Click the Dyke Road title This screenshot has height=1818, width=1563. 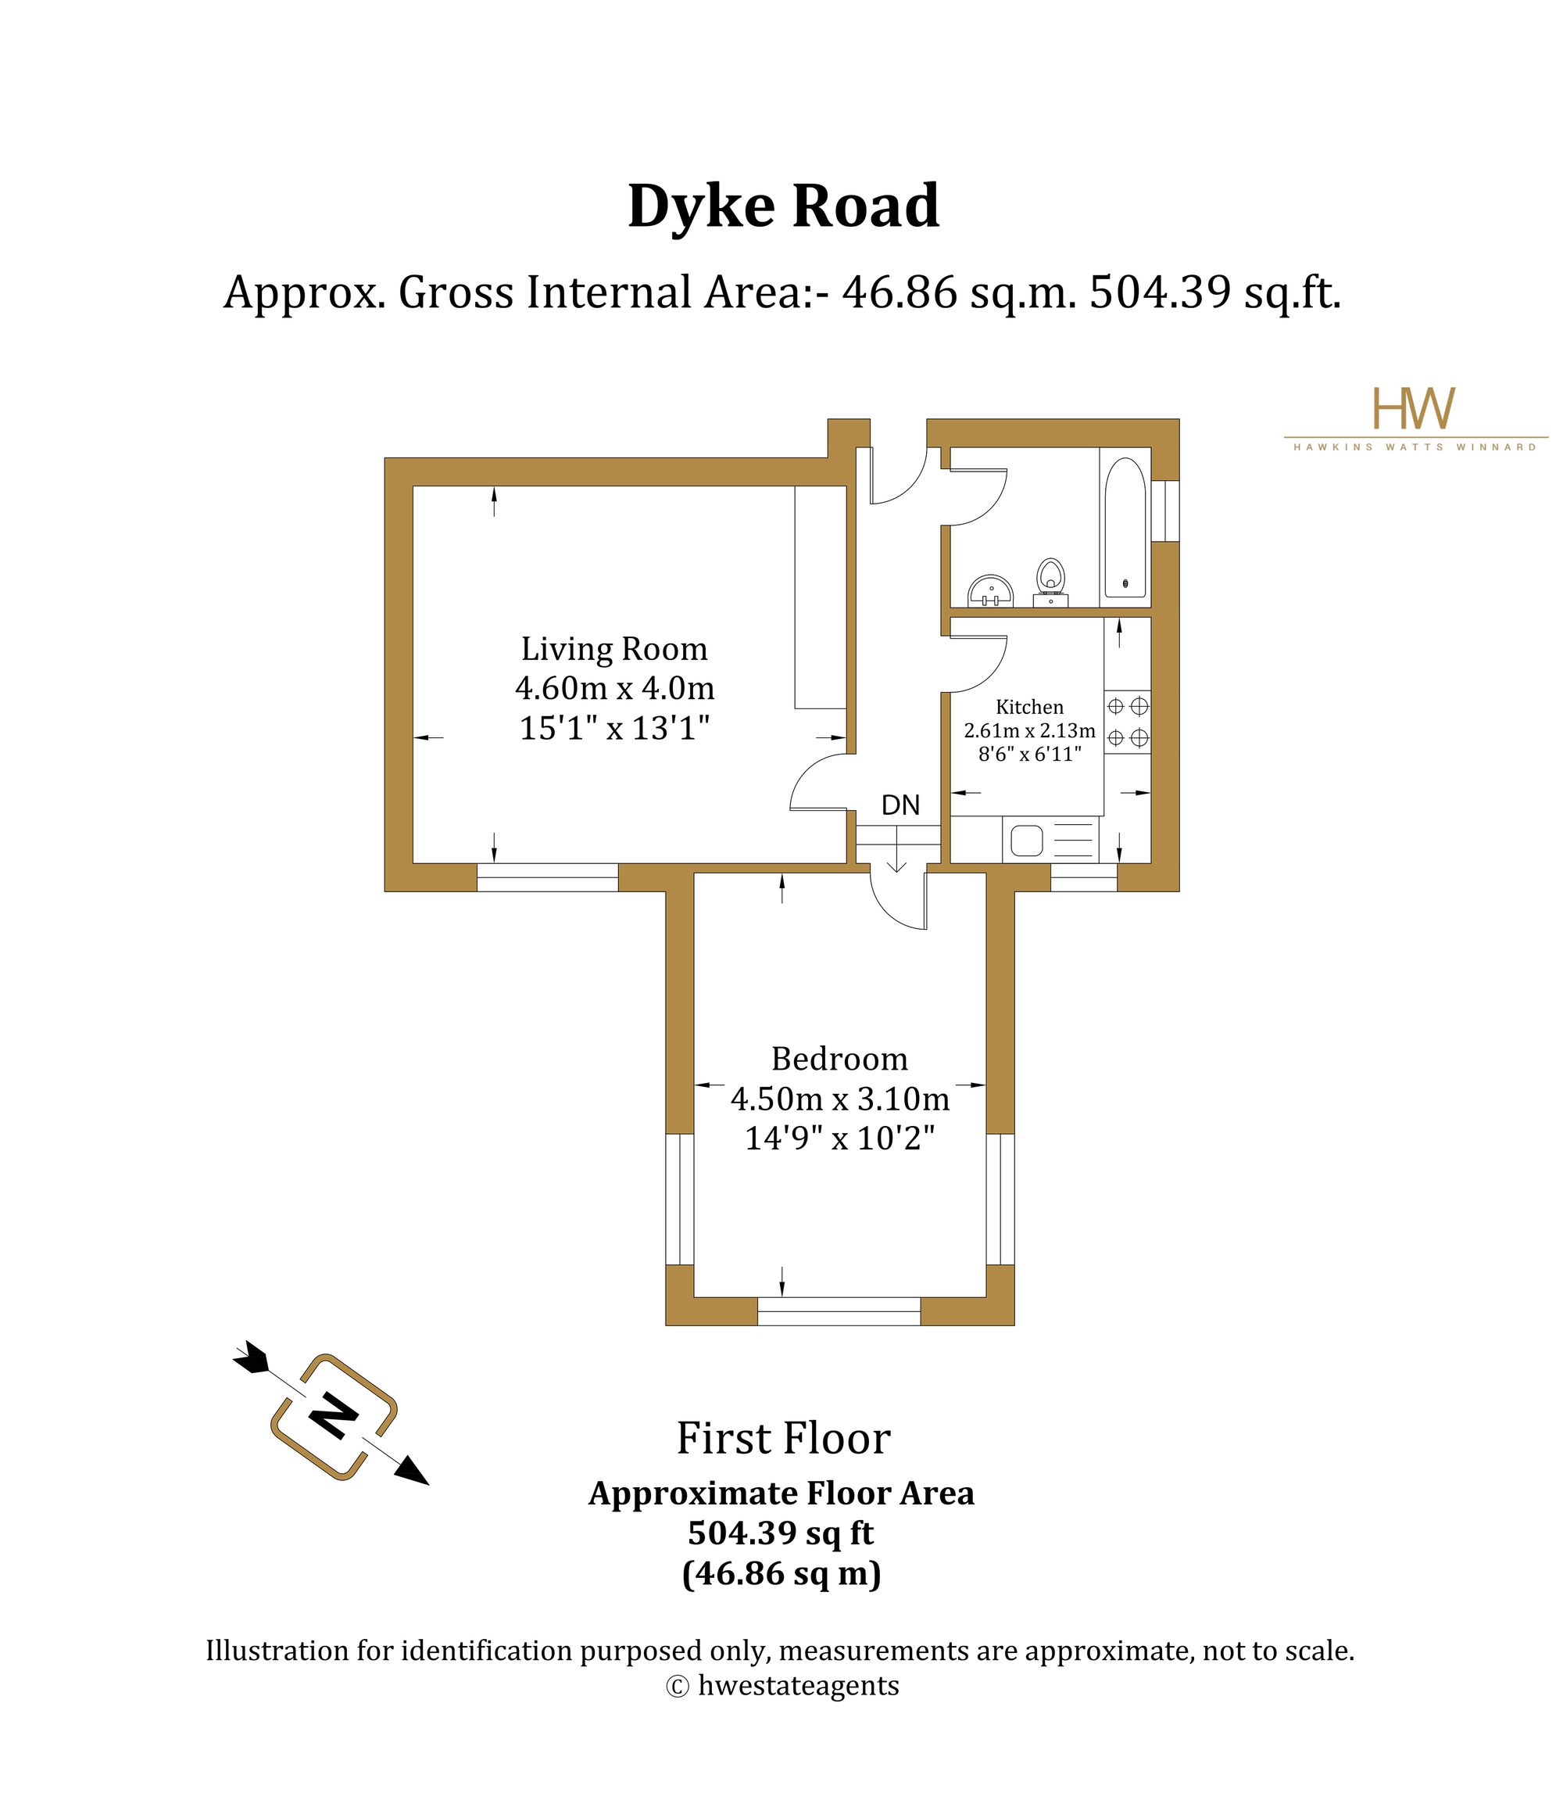pyautogui.click(x=783, y=208)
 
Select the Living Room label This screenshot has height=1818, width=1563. pyautogui.click(x=614, y=648)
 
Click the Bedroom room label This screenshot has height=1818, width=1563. pyautogui.click(x=839, y=1059)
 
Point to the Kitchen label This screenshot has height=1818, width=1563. pyautogui.click(x=1030, y=706)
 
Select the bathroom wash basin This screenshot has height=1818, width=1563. pyautogui.click(x=991, y=591)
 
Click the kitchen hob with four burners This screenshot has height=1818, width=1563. pyautogui.click(x=1127, y=721)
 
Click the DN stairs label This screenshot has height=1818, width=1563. pyautogui.click(x=900, y=805)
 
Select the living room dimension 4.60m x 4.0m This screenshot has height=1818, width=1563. pyautogui.click(x=615, y=688)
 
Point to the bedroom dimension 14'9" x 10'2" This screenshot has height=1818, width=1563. pyautogui.click(x=839, y=1138)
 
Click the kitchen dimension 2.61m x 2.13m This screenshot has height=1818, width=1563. pyautogui.click(x=1030, y=730)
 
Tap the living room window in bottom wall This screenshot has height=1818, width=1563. pyautogui.click(x=547, y=877)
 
